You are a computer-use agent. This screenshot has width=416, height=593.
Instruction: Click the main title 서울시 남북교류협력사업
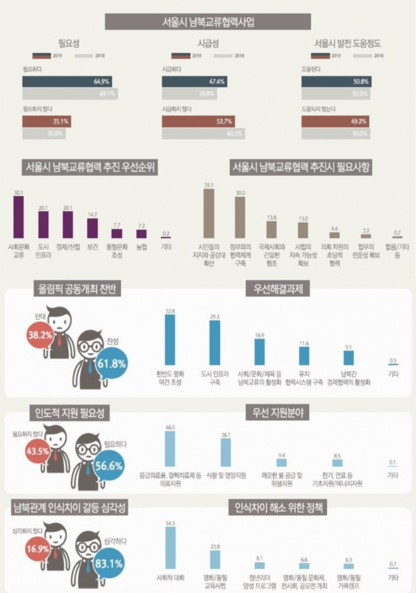tap(207, 22)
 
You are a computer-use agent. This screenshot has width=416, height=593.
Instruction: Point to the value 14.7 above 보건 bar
tap(92, 214)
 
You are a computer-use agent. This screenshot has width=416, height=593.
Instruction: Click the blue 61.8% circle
tap(113, 364)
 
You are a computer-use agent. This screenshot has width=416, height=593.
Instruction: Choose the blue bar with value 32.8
tap(170, 339)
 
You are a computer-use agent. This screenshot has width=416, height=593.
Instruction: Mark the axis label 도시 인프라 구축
tap(216, 378)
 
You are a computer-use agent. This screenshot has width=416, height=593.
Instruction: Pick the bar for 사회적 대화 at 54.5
tap(170, 550)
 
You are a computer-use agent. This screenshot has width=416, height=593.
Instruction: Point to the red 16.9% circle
tap(38, 547)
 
